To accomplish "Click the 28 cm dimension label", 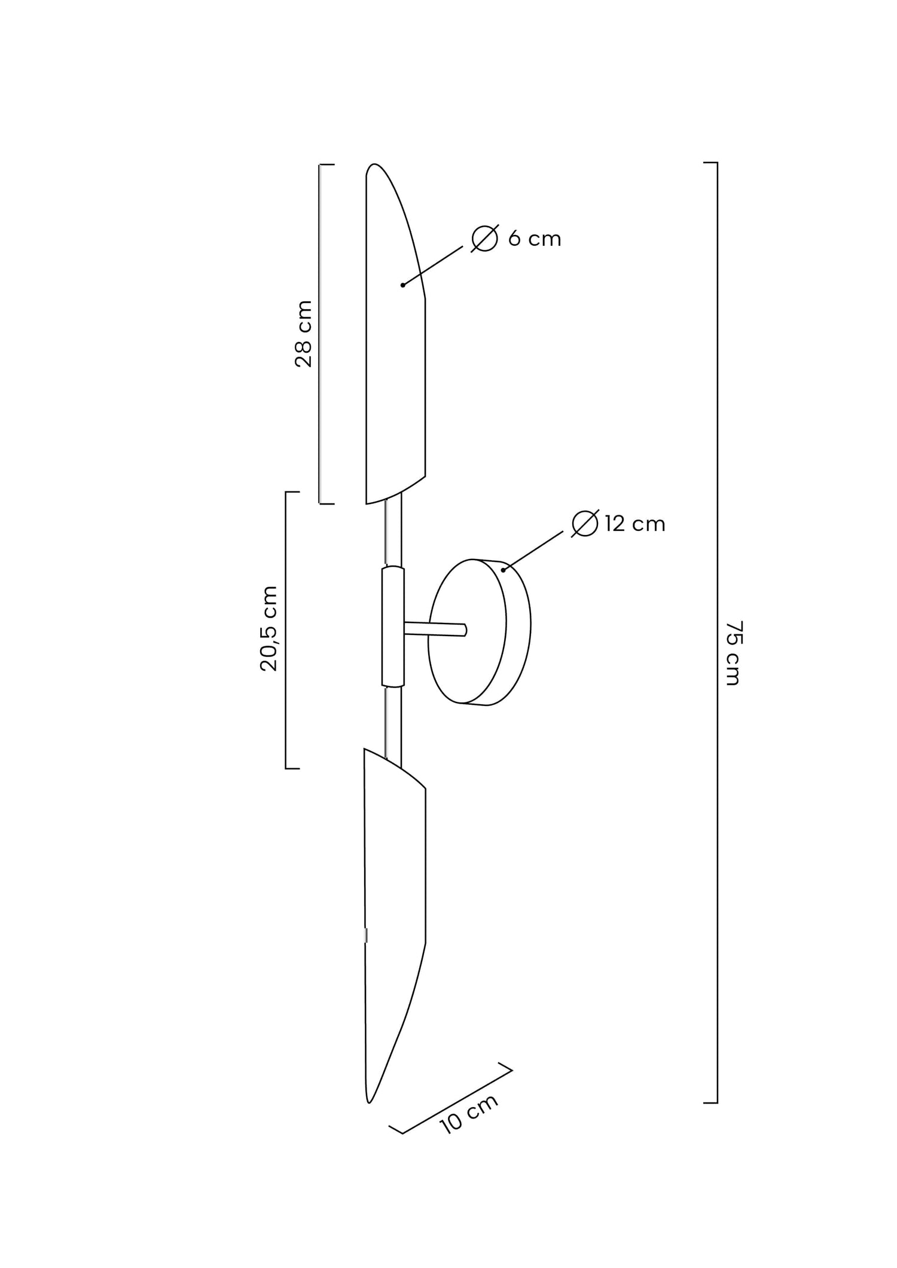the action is (304, 334).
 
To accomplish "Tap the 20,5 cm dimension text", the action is (269, 628).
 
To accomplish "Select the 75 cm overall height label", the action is (733, 653).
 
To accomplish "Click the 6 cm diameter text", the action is (535, 239).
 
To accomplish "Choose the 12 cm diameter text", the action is (635, 524).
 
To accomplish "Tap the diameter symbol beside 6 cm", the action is (485, 239).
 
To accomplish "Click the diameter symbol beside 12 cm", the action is (585, 524).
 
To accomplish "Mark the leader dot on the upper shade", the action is (402, 285).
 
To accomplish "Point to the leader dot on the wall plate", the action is (503, 570).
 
